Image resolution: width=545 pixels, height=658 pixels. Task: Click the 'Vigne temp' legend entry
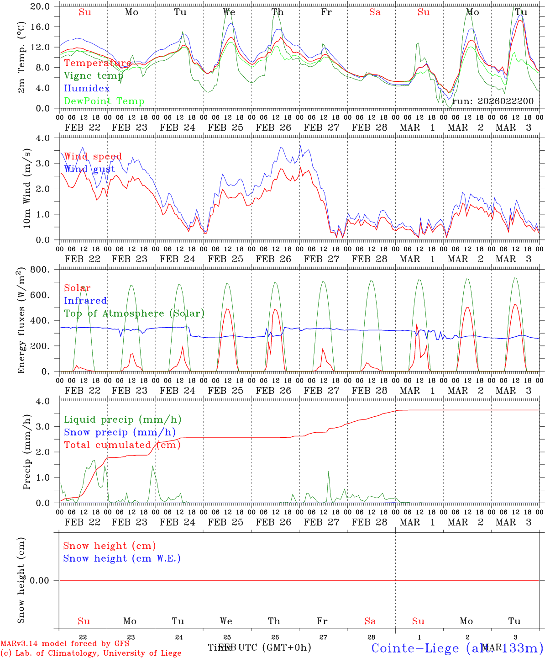tap(94, 76)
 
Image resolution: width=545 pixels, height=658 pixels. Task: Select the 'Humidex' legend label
tap(87, 89)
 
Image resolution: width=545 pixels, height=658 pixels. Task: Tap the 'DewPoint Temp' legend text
tap(104, 101)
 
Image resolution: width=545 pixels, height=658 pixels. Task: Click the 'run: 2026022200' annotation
tap(493, 101)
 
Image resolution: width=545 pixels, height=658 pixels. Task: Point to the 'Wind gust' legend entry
tap(89, 169)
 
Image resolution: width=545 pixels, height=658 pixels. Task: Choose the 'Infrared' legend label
tap(85, 301)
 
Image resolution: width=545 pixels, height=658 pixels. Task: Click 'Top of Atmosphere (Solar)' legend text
tap(134, 313)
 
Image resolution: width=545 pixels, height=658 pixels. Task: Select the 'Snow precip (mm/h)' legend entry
tap(120, 432)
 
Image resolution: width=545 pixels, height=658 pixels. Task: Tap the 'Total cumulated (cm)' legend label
tap(122, 445)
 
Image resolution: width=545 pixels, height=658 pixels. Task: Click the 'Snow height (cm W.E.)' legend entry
tap(122, 558)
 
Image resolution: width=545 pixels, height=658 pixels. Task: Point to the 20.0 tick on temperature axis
tap(41, 6)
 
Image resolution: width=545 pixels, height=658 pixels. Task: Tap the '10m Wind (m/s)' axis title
tap(27, 189)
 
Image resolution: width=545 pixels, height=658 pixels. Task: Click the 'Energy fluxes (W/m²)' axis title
tap(21, 321)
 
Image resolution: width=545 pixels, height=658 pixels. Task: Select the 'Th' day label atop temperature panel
tap(278, 12)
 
